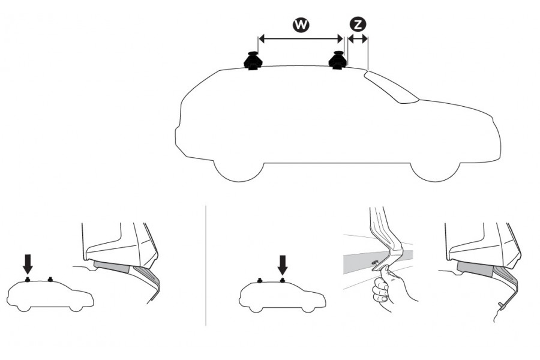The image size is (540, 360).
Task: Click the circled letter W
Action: click(301, 25)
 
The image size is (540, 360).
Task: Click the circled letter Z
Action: click(358, 25)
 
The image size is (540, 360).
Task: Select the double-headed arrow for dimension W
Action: click(301, 39)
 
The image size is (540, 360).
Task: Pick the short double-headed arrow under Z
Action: click(358, 39)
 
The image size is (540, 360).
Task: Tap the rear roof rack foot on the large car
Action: click(253, 61)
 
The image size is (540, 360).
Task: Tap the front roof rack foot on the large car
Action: click(338, 60)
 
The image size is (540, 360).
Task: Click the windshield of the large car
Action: click(392, 87)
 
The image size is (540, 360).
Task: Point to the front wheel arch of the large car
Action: click(436, 172)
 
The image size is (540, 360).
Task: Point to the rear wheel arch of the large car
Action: click(239, 172)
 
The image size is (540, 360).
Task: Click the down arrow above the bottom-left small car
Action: click(28, 264)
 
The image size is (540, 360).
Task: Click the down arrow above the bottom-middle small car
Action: click(283, 264)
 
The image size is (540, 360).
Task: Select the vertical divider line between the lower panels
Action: click(206, 266)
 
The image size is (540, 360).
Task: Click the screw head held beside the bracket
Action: click(375, 263)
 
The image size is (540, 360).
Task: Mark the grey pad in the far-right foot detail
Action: click(475, 268)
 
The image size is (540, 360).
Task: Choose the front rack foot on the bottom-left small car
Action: click(50, 279)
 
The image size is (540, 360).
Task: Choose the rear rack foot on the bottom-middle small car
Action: click(260, 280)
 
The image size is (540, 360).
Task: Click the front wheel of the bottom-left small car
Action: click(76, 308)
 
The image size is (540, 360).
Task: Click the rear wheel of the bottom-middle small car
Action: click(256, 309)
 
